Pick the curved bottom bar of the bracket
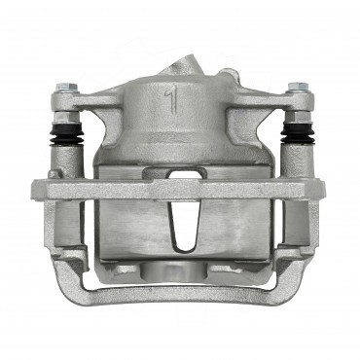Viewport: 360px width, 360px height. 180,293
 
